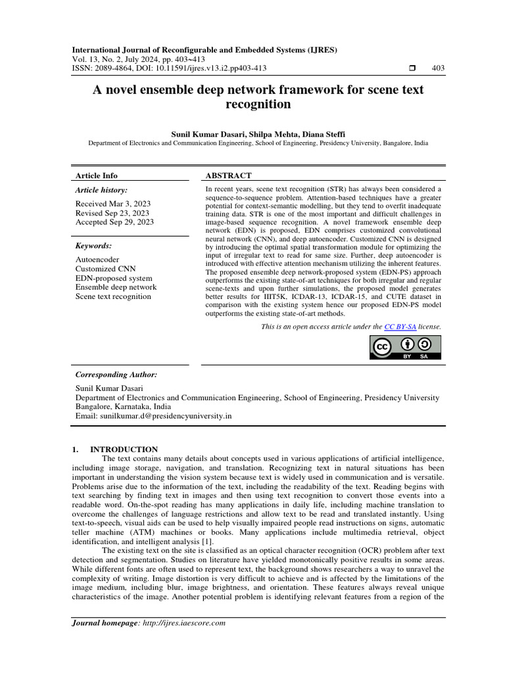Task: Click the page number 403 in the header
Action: pyautogui.click(x=438, y=68)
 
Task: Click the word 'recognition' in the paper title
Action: pyautogui.click(x=258, y=104)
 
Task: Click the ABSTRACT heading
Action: pyautogui.click(x=228, y=175)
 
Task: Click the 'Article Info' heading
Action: pyautogui.click(x=97, y=175)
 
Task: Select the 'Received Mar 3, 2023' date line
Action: pyautogui.click(x=113, y=204)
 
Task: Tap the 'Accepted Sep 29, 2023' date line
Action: pyautogui.click(x=114, y=222)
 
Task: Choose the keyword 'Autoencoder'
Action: pyautogui.click(x=97, y=260)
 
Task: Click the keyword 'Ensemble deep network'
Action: pyautogui.click(x=116, y=287)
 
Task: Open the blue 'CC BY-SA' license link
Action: pyautogui.click(x=400, y=326)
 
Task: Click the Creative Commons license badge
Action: pyautogui.click(x=406, y=348)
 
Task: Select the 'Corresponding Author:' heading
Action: pyautogui.click(x=116, y=375)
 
